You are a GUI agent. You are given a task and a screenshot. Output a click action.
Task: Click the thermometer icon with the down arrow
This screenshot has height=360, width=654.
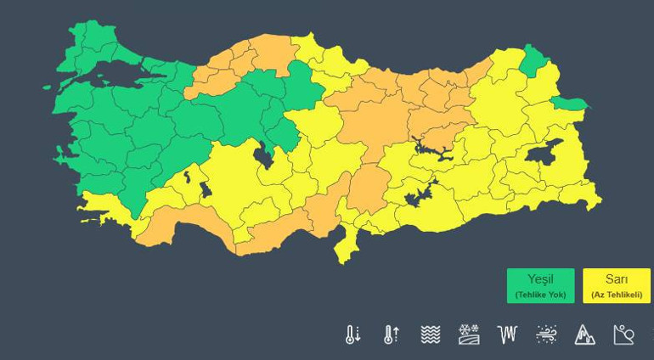[353, 335]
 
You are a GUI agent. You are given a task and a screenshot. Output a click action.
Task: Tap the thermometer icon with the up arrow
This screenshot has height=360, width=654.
[391, 335]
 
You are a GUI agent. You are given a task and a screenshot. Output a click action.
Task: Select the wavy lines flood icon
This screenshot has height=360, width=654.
[431, 335]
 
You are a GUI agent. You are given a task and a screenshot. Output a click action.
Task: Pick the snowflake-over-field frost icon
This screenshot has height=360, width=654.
[469, 335]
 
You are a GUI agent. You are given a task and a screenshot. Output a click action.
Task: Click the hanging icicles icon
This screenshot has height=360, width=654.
[508, 335]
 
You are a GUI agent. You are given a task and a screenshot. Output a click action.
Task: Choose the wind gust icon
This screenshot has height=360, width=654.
[546, 335]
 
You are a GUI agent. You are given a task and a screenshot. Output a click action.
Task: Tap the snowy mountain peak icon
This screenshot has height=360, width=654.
[584, 335]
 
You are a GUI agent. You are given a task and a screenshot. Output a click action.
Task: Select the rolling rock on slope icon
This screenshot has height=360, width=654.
[623, 335]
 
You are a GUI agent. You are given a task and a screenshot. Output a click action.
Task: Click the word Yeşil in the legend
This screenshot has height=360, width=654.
[540, 279]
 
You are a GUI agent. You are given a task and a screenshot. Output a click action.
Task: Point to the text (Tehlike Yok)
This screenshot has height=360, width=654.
[540, 295]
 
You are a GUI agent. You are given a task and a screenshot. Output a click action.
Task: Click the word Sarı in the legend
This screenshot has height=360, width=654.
[617, 279]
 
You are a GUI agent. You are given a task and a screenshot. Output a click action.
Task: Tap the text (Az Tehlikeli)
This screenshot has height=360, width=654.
[617, 295]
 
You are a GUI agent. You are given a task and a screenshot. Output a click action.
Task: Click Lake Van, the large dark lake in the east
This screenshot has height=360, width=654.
[543, 153]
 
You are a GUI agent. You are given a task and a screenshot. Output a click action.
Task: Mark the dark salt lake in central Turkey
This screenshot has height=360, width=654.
[263, 155]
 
